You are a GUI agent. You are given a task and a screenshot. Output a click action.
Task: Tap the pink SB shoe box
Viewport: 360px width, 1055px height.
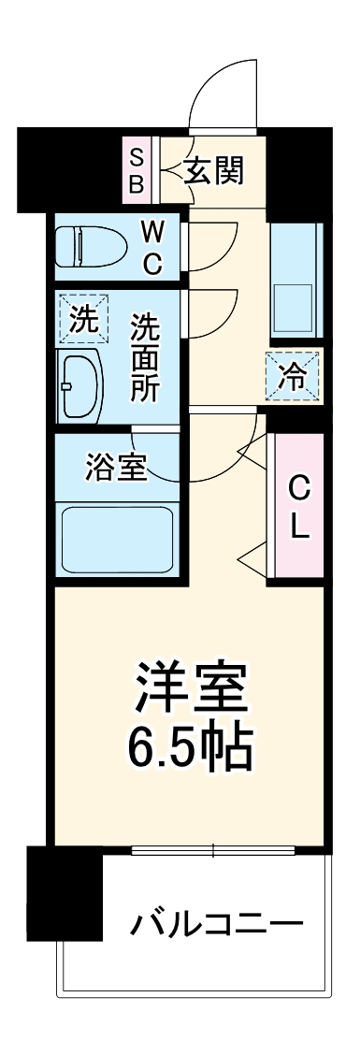point(137,169)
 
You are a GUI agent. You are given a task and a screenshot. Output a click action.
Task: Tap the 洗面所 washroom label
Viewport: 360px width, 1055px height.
point(144,358)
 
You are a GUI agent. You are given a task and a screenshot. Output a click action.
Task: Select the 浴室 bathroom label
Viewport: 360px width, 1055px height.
point(116,468)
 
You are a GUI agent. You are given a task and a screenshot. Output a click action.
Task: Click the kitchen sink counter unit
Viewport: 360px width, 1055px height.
point(295,281)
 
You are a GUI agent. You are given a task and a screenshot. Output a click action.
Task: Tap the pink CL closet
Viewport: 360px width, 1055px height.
point(297,507)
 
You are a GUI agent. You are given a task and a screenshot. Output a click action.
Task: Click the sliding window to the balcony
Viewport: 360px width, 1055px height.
point(214,850)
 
